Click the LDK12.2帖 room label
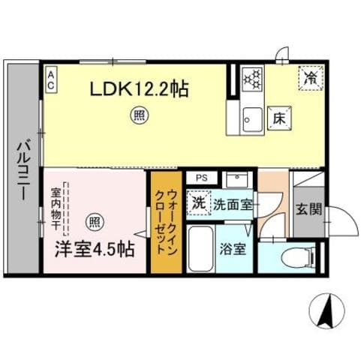[x=139, y=88]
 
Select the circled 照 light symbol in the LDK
[x=139, y=115]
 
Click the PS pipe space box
[x=200, y=178]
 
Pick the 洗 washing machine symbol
[x=198, y=202]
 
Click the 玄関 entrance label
[x=304, y=209]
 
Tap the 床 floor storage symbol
[x=277, y=118]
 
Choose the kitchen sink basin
[x=250, y=118]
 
